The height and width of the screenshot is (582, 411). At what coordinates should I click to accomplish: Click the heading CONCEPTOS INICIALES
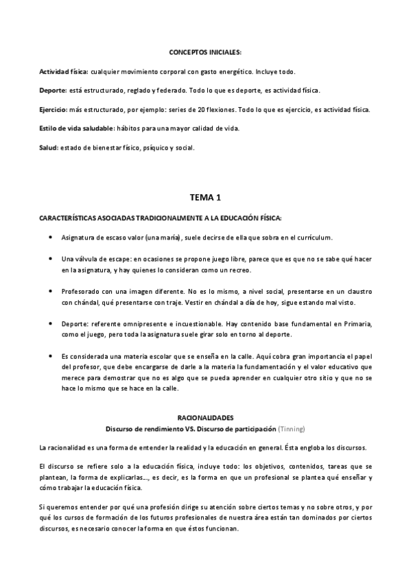tap(205, 52)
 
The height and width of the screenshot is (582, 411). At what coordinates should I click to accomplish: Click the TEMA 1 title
tap(205, 198)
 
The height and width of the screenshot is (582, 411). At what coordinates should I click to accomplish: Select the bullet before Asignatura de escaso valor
tap(53, 237)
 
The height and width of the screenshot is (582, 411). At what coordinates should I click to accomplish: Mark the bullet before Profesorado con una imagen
tap(53, 290)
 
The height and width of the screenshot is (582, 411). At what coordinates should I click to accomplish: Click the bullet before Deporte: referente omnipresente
tap(53, 322)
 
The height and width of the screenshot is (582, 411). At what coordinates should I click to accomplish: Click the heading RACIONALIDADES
tap(205, 417)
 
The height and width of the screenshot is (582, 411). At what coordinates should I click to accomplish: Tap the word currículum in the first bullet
tap(311, 237)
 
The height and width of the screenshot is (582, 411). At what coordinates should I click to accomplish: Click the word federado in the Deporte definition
tap(163, 90)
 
